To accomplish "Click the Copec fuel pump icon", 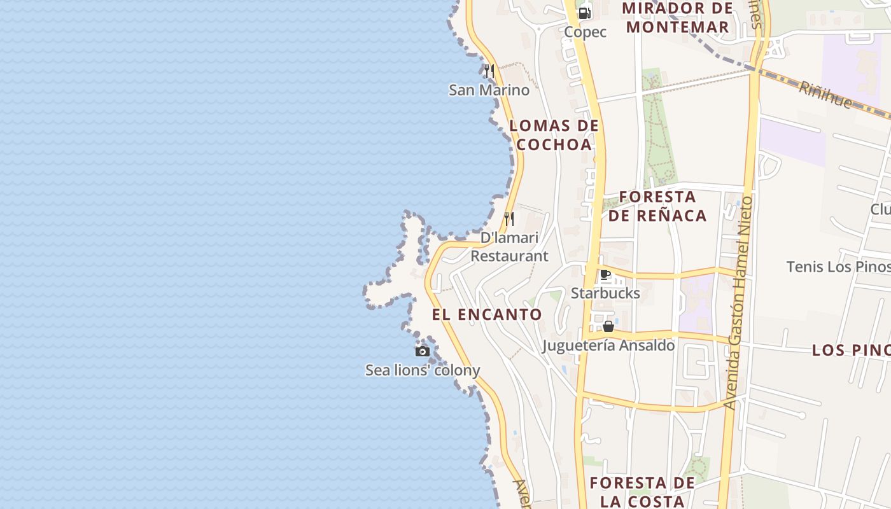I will pos(584,13).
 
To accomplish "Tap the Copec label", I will pos(586,32).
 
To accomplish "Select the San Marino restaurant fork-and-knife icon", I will pos(489,71).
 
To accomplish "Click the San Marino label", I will pos(489,90).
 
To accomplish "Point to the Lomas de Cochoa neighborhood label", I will pos(554,135).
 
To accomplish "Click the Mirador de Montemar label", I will pos(677,18).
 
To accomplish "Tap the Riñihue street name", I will pos(825,94).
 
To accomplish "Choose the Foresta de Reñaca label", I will pos(657,206).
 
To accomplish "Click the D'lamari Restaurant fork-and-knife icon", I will pos(509,219).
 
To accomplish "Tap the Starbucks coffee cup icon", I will pos(605,275).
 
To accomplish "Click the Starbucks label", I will pos(605,293).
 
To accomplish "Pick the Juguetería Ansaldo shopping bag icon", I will pos(608,326).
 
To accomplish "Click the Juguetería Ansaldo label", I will pos(608,345).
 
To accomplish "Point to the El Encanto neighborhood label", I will pos(487,314).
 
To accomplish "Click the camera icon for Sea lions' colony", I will pos(422,351).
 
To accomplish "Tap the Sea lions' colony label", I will pos(423,370).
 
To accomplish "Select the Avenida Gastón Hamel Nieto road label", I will pos(738,303).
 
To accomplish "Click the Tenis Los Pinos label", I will pos(838,267).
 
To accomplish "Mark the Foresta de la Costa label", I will pos(642,492).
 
